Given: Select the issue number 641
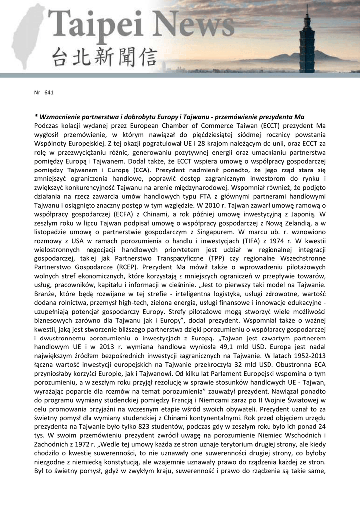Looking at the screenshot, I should [x=49, y=92].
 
